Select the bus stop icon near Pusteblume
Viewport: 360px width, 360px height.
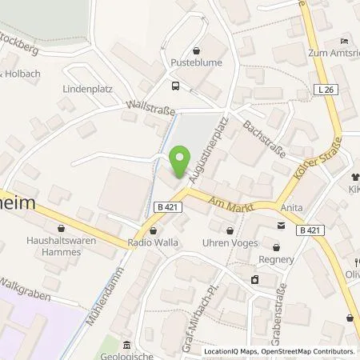(175, 85)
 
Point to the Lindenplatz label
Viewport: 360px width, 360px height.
(84, 88)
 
